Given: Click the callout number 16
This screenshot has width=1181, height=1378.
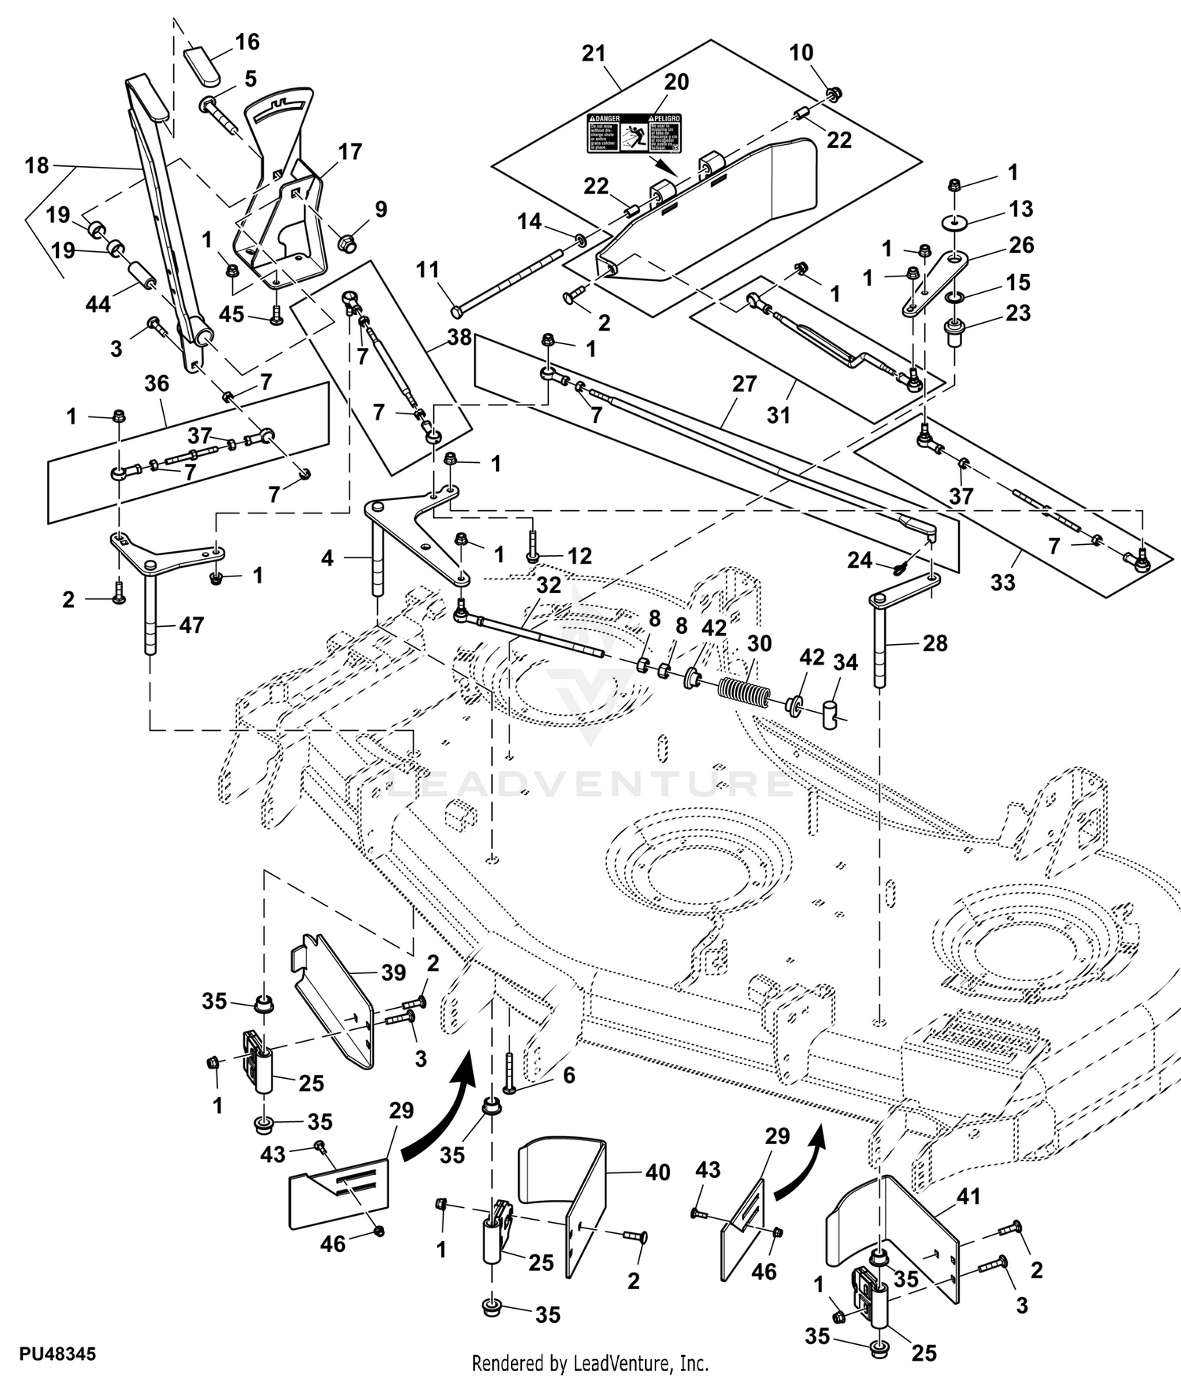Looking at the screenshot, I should [x=247, y=42].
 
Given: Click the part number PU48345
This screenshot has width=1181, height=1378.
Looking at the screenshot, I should [x=57, y=1354].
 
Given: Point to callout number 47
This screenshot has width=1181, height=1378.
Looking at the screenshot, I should [x=191, y=625].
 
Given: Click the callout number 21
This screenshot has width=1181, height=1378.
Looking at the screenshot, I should [x=594, y=54].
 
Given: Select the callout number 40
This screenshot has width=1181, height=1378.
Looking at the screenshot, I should [x=657, y=1172].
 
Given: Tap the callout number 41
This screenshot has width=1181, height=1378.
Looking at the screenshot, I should [x=968, y=1197].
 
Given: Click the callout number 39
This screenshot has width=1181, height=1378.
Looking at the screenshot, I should [x=394, y=972].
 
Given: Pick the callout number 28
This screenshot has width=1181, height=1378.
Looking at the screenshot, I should [x=935, y=643].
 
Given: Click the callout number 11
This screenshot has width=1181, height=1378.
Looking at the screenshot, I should [x=428, y=270].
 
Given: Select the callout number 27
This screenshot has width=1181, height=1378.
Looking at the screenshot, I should [x=744, y=383].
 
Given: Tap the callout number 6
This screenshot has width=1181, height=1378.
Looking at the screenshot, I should [x=568, y=1075].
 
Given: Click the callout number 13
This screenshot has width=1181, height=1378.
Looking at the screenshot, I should [x=1020, y=209].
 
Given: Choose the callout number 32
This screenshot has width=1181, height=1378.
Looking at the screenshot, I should [x=549, y=585].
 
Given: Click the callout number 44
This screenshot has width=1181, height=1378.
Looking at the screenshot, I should [x=98, y=304].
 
